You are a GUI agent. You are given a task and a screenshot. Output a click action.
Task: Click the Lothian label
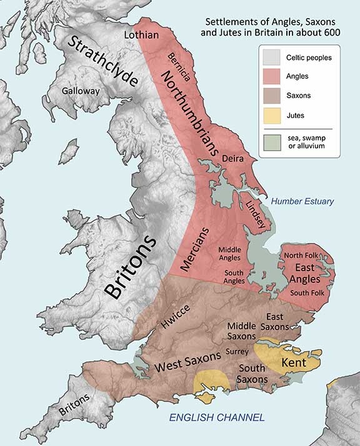tap(143, 34)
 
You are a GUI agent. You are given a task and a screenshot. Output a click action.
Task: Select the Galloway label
tap(81, 91)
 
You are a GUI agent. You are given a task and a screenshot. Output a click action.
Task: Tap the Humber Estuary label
tap(302, 201)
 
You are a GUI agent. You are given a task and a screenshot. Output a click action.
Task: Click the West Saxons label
tap(188, 362)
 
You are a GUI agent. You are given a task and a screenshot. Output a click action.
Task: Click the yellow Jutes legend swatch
tap(272, 116)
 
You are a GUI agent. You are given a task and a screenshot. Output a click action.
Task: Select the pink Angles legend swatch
tap(272, 77)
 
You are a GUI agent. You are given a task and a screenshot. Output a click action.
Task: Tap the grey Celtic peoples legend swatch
tap(272, 58)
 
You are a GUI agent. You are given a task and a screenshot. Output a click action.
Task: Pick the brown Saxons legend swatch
tap(272, 96)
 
